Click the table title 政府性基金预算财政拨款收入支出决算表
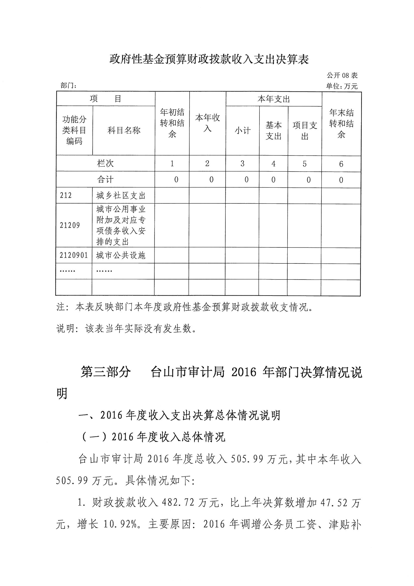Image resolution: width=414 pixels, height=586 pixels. point(209,59)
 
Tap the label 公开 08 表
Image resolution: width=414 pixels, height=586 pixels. point(342,75)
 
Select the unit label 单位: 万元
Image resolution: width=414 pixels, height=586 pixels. point(342,86)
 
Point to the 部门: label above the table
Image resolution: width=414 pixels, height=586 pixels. point(69,86)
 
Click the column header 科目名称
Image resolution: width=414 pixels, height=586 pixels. point(124,131)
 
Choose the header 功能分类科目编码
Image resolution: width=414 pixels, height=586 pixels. point(74,130)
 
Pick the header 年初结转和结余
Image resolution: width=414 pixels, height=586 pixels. point(172,123)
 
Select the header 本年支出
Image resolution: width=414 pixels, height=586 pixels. point(274,99)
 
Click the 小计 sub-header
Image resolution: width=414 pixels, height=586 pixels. point(243,131)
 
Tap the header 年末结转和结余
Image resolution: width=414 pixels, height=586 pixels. point(341,124)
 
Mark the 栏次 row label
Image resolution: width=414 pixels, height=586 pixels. point(105,164)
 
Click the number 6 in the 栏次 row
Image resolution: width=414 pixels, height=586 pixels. point(341,164)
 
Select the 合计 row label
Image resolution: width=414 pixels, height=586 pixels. point(105,180)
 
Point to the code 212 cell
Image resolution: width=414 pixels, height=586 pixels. point(66,196)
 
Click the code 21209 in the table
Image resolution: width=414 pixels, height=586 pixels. point(70,225)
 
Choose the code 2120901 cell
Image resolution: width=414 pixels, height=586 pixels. point(74,255)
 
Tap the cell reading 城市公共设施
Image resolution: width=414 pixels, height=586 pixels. point(121,255)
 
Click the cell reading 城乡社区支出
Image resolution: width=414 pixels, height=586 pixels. point(121,196)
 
